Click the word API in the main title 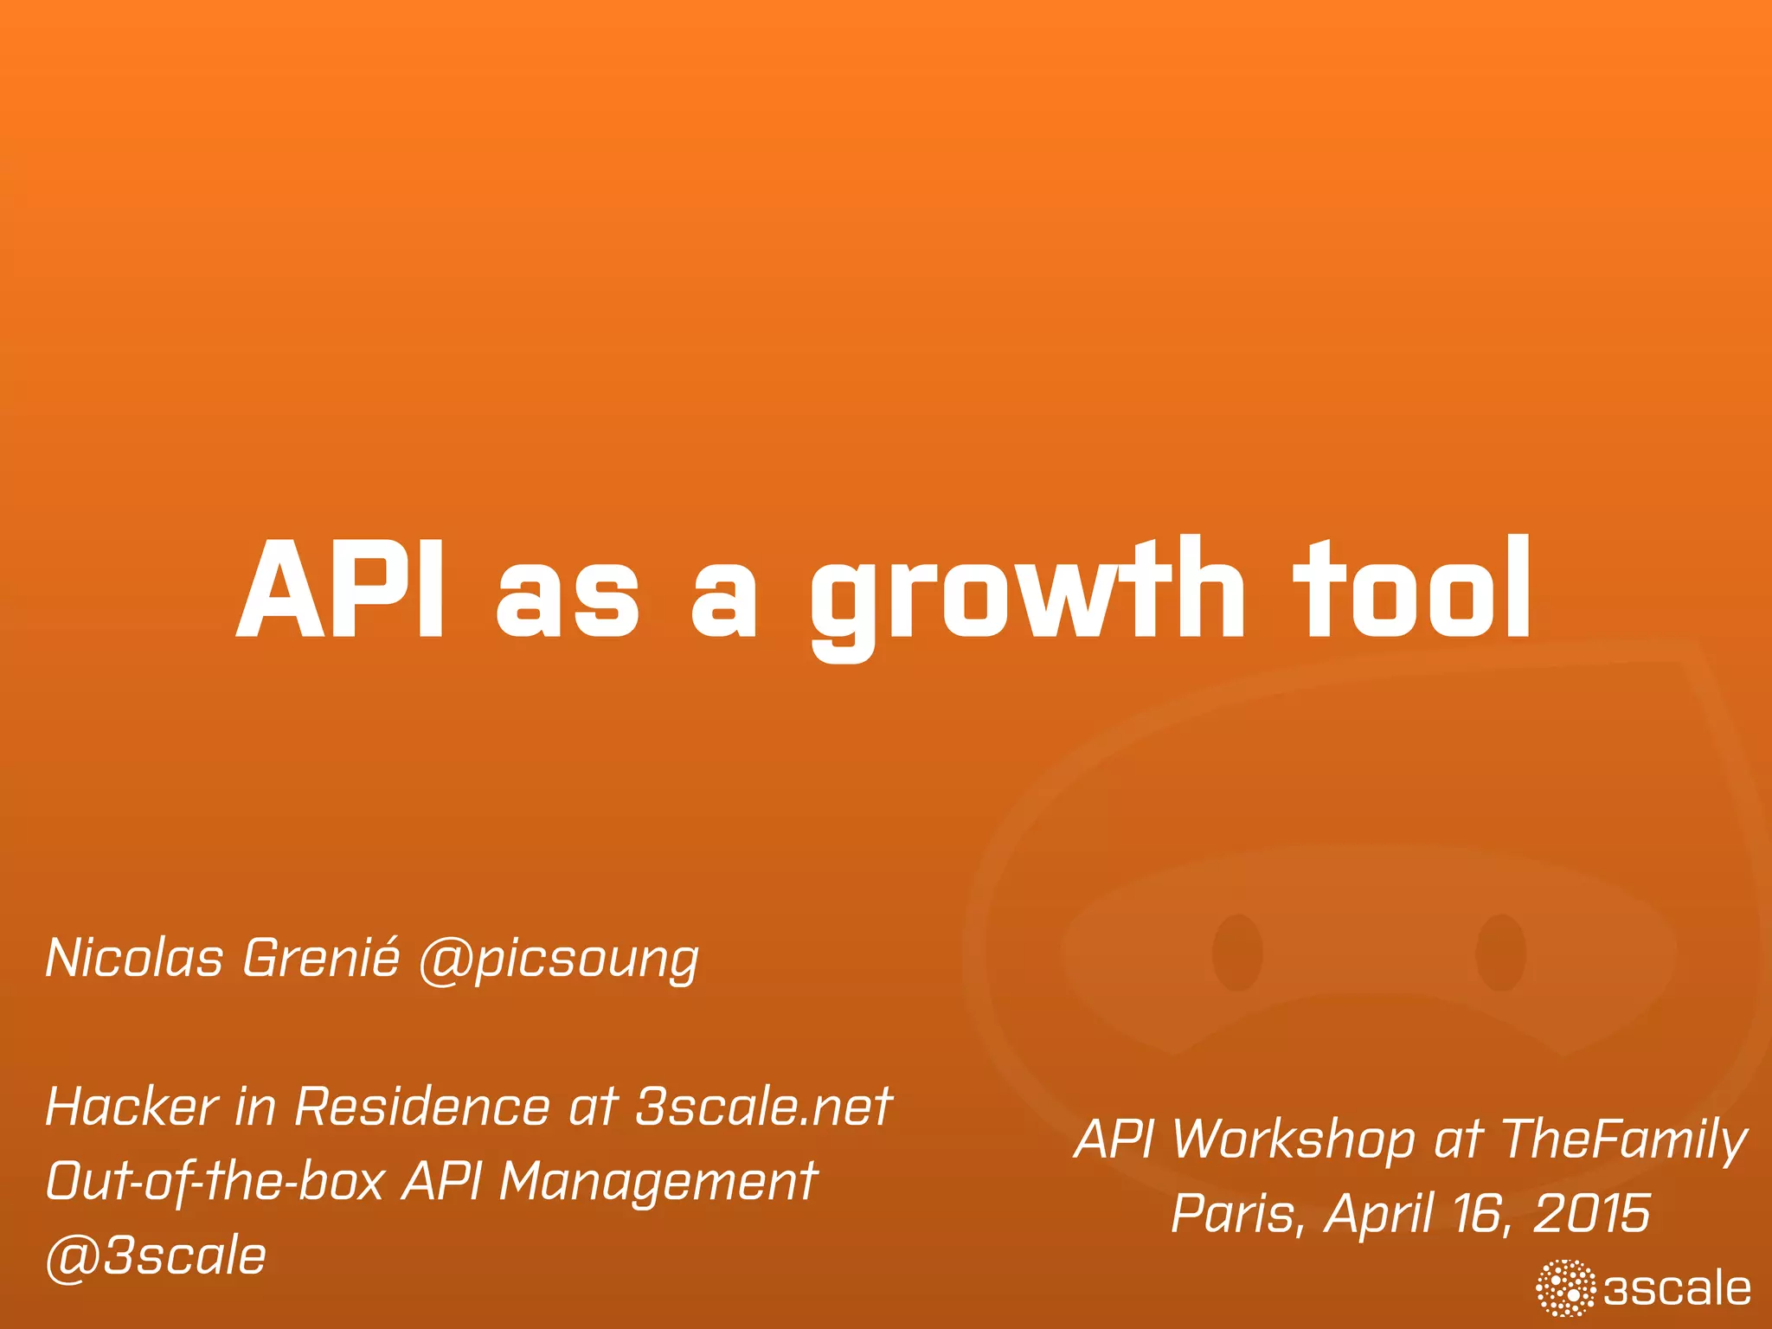(341, 590)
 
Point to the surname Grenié (321, 959)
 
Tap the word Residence (422, 1107)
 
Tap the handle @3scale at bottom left (156, 1256)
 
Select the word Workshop (1294, 1140)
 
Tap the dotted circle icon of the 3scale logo (1566, 1289)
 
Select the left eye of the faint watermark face (1237, 952)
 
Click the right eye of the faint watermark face (1500, 952)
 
